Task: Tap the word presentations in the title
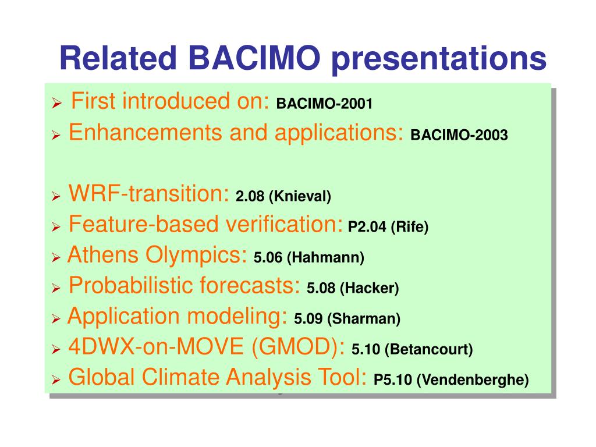click(x=439, y=60)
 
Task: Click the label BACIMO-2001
click(x=324, y=104)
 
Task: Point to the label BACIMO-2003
click(x=459, y=135)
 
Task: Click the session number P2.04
click(x=367, y=227)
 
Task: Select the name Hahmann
click(x=326, y=258)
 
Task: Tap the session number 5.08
click(x=321, y=288)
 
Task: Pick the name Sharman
click(x=364, y=319)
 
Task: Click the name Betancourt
click(x=429, y=349)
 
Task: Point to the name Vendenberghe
click(x=473, y=380)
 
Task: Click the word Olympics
click(x=196, y=256)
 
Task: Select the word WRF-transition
click(x=148, y=193)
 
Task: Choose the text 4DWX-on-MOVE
click(x=156, y=347)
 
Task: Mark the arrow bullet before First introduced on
click(x=56, y=102)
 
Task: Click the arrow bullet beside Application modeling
click(x=56, y=318)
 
